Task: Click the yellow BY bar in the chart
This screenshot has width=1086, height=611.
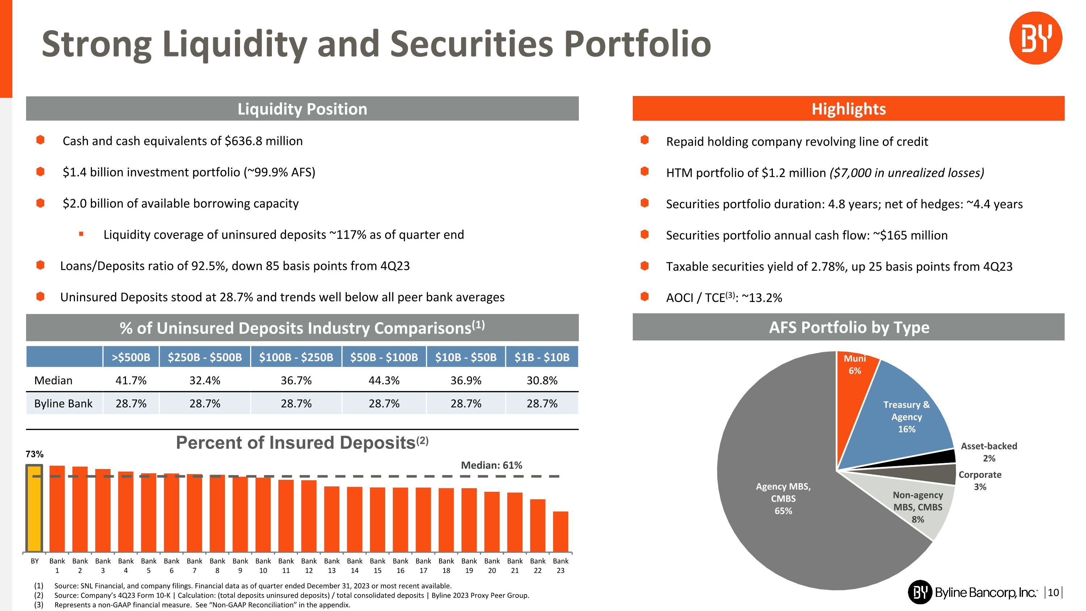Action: (x=34, y=508)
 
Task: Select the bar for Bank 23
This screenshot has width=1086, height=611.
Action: (x=560, y=531)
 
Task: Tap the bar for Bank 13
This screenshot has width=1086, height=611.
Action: (x=332, y=519)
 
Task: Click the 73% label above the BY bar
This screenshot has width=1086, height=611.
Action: (x=34, y=454)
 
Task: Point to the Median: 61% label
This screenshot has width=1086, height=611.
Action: (x=491, y=465)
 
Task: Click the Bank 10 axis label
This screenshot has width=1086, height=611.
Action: (x=263, y=565)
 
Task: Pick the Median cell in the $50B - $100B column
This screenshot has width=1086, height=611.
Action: (x=384, y=380)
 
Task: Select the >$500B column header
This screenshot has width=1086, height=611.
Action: (x=131, y=357)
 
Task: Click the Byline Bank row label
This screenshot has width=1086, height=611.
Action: (x=63, y=403)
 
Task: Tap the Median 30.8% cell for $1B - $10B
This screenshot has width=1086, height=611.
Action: (x=542, y=380)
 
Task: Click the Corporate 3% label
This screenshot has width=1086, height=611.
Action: (x=980, y=480)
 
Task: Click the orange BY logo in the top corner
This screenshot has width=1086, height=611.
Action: (x=1035, y=38)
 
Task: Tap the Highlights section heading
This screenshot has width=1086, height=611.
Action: (x=848, y=109)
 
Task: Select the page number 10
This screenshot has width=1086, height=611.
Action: (x=1053, y=593)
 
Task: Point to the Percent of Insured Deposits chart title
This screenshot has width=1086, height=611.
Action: (x=302, y=443)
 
